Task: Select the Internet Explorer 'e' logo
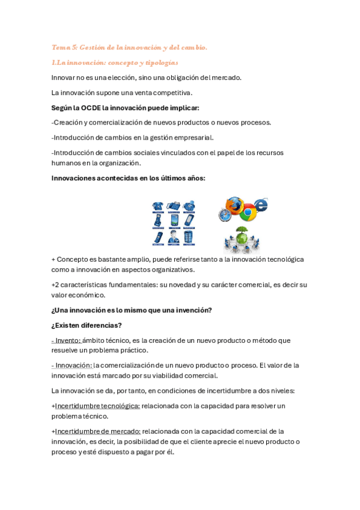point(260,204)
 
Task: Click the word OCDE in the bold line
point(91,108)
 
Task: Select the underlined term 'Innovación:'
point(72,365)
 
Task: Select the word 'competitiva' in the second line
point(170,93)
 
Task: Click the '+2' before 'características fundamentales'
point(56,284)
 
